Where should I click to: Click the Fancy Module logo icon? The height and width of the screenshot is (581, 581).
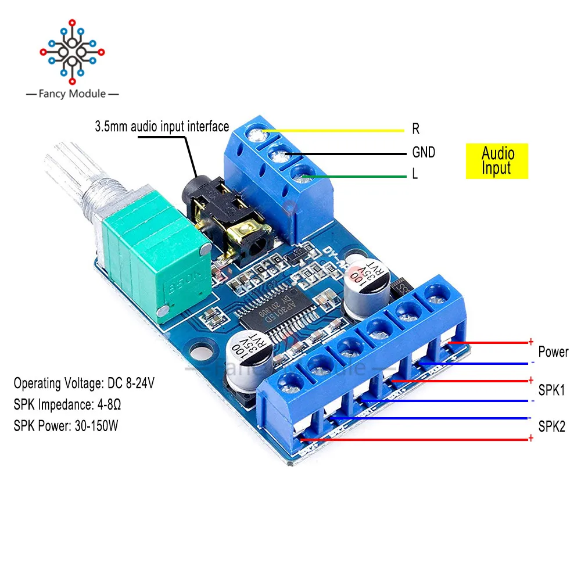pyautogui.click(x=72, y=51)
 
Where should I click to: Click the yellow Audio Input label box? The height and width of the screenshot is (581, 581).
pyautogui.click(x=497, y=161)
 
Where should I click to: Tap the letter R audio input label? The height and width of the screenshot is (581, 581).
pyautogui.click(x=416, y=129)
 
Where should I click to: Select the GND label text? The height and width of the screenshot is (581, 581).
pyautogui.click(x=424, y=152)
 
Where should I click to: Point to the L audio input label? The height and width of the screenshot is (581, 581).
pyautogui.click(x=415, y=174)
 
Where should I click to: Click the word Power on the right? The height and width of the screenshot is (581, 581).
pyautogui.click(x=553, y=352)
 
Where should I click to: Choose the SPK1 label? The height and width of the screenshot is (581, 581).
pyautogui.click(x=551, y=390)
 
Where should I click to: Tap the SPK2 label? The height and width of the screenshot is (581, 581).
pyautogui.click(x=552, y=428)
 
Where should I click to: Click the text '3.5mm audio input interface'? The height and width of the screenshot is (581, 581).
pyautogui.click(x=162, y=126)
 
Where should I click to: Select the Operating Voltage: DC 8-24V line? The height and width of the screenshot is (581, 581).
pyautogui.click(x=84, y=383)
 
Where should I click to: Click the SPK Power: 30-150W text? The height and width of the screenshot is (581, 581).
pyautogui.click(x=67, y=425)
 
